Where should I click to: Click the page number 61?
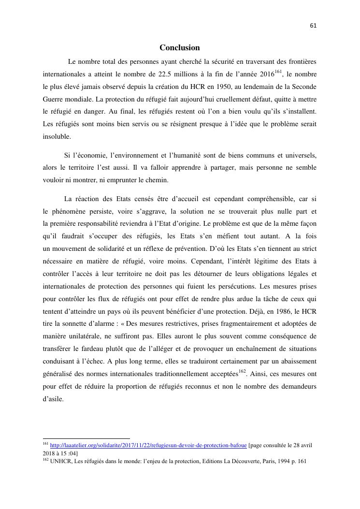313,26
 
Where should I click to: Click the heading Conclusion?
180,48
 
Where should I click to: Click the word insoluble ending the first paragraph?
57,136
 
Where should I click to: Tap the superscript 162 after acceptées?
243,371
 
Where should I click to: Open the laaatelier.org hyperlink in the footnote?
148,445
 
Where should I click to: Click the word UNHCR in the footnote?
60,461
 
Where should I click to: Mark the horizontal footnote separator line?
86,438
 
